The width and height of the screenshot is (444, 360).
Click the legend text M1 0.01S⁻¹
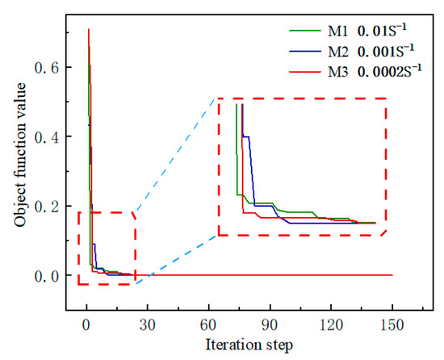click(x=363, y=31)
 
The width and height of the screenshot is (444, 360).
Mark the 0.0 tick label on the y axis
click(x=50, y=276)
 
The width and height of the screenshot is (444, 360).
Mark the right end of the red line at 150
click(x=392, y=275)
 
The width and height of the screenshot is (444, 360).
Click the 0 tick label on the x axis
click(x=87, y=327)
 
